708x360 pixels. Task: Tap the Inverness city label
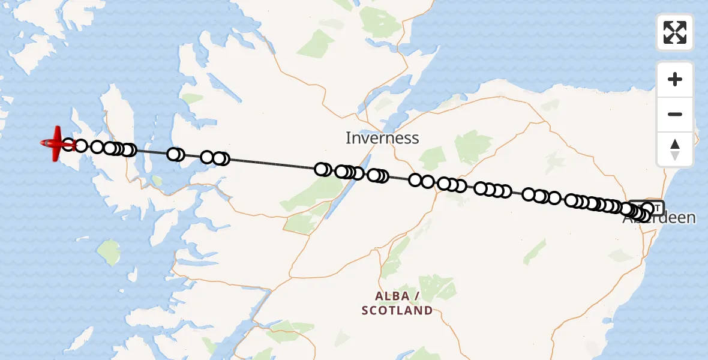click(x=382, y=138)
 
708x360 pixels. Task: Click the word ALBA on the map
click(x=392, y=296)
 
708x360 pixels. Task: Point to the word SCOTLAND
click(x=397, y=311)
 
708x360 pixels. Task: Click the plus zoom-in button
click(x=675, y=79)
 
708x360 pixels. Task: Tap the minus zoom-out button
click(x=675, y=114)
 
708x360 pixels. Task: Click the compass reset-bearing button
click(x=675, y=149)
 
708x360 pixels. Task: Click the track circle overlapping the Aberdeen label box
click(x=647, y=208)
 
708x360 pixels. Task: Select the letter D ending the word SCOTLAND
click(x=428, y=311)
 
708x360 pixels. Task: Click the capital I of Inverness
click(x=348, y=138)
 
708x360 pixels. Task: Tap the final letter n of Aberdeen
click(x=691, y=217)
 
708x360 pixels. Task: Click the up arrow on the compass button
click(x=675, y=144)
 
